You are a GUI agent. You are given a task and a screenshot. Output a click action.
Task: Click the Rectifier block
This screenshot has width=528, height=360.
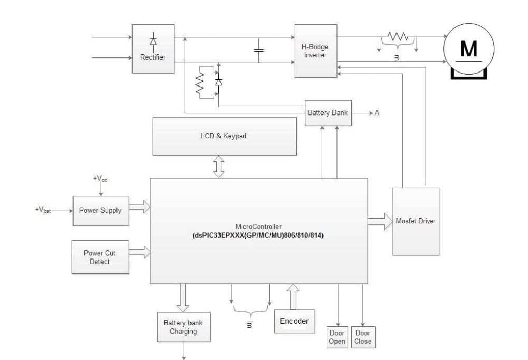(153, 50)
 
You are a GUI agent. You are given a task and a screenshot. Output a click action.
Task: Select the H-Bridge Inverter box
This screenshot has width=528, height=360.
(315, 50)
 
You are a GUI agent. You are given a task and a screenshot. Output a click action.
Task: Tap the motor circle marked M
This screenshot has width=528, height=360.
(468, 49)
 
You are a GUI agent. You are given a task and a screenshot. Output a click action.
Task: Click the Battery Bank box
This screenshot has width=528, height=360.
(328, 113)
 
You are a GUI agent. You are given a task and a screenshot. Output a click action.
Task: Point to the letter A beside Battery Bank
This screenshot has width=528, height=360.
(377, 113)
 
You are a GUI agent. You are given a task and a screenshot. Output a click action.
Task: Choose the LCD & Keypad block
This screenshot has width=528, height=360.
(224, 136)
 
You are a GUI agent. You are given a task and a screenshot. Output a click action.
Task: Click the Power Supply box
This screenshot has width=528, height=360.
(100, 211)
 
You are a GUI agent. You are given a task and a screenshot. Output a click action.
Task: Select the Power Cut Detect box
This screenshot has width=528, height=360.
(99, 257)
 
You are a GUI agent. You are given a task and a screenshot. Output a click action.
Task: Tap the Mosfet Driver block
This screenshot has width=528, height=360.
(416, 221)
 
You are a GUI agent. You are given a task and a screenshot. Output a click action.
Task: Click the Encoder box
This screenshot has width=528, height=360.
(294, 321)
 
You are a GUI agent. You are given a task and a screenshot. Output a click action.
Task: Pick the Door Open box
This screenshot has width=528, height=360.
(337, 337)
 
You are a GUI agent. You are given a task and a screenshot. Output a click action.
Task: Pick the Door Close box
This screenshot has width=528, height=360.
(362, 337)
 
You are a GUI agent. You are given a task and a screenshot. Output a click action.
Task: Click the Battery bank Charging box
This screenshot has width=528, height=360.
(183, 327)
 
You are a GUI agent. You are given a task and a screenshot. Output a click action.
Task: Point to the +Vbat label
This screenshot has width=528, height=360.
(43, 210)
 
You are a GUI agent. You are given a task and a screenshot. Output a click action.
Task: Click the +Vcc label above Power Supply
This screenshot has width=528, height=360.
(100, 179)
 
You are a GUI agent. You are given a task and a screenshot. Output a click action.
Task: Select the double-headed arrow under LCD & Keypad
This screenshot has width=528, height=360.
(219, 167)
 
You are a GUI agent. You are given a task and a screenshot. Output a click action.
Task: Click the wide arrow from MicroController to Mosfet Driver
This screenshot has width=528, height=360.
(380, 221)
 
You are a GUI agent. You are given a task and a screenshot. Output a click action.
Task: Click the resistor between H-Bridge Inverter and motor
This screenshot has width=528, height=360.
(398, 37)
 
